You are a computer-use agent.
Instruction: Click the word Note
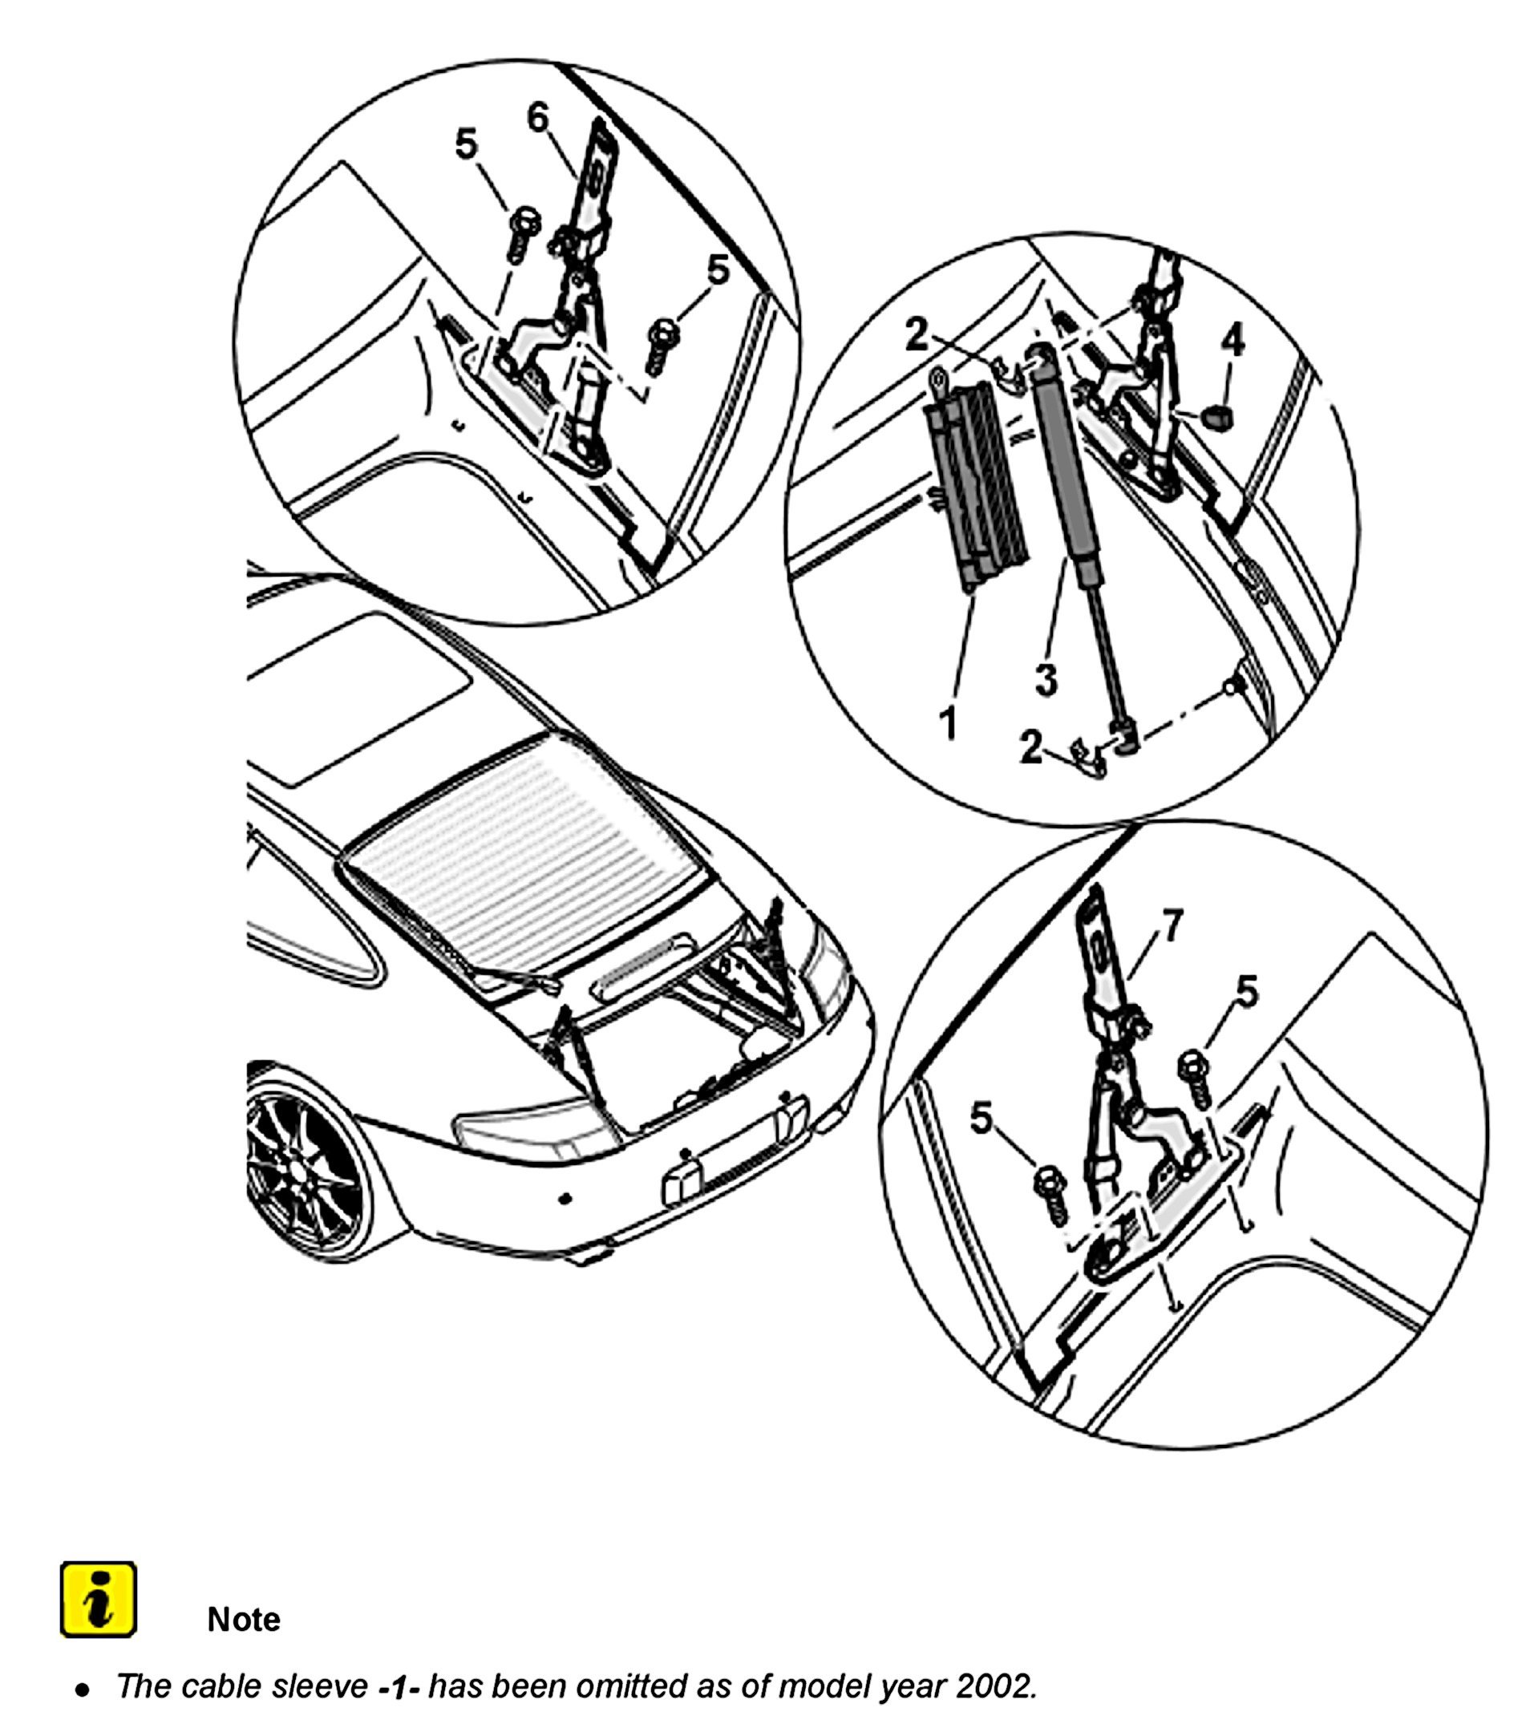243,1619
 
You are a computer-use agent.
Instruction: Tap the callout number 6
538,118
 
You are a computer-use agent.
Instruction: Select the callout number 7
1172,927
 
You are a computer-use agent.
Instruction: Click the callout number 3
1047,680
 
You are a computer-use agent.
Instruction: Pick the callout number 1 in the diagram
949,722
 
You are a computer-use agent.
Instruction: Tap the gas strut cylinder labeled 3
1066,458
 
